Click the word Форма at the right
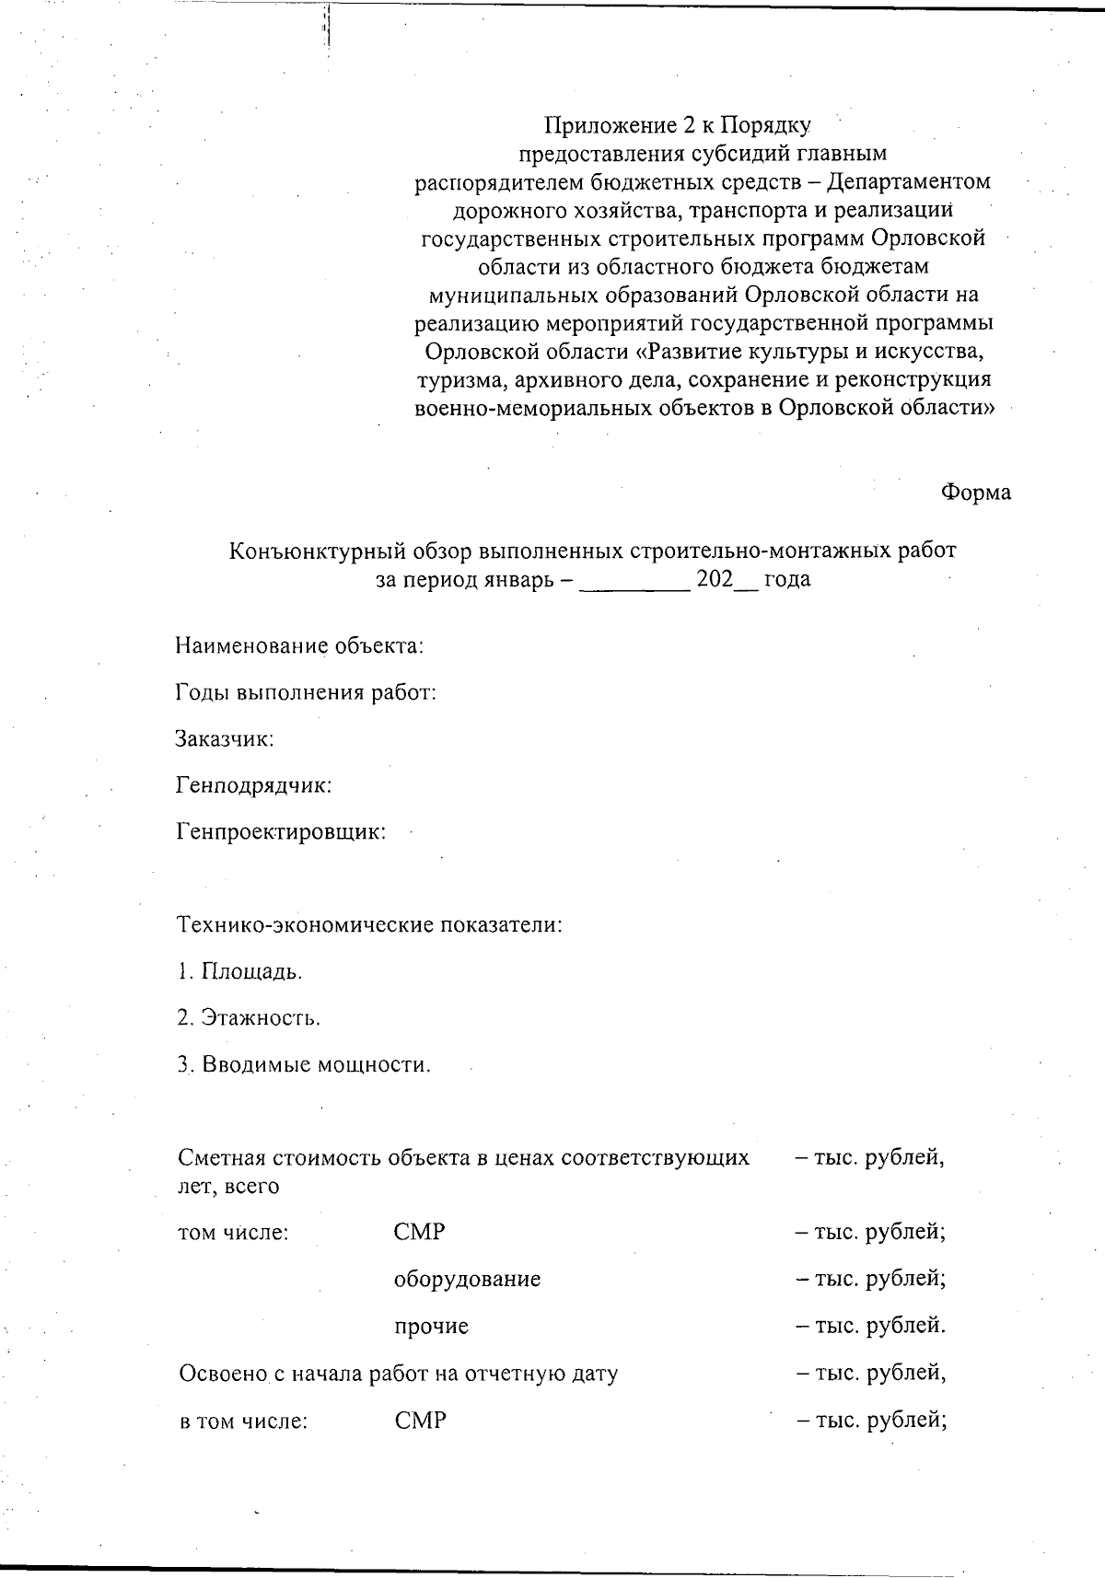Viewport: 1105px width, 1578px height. pyautogui.click(x=975, y=493)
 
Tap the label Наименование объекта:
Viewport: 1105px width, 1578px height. pyautogui.click(x=299, y=645)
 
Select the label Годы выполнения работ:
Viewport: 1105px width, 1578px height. pyautogui.click(x=306, y=692)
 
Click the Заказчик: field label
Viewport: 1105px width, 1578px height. pyautogui.click(x=226, y=738)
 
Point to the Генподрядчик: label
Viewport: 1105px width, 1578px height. pyautogui.click(x=253, y=785)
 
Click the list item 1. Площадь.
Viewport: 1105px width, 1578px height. pyautogui.click(x=239, y=971)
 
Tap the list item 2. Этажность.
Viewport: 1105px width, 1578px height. pyautogui.click(x=249, y=1018)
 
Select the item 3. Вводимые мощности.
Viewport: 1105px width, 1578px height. pyautogui.click(x=304, y=1065)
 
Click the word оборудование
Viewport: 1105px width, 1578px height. pyautogui.click(x=467, y=1279)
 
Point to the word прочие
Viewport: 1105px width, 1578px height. pyautogui.click(x=431, y=1327)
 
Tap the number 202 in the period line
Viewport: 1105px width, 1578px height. pyautogui.click(x=715, y=580)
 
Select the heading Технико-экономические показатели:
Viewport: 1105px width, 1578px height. pyautogui.click(x=368, y=924)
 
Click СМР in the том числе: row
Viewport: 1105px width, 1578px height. pyautogui.click(x=419, y=1232)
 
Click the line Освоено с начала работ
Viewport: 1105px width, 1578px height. pyautogui.click(x=398, y=1374)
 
